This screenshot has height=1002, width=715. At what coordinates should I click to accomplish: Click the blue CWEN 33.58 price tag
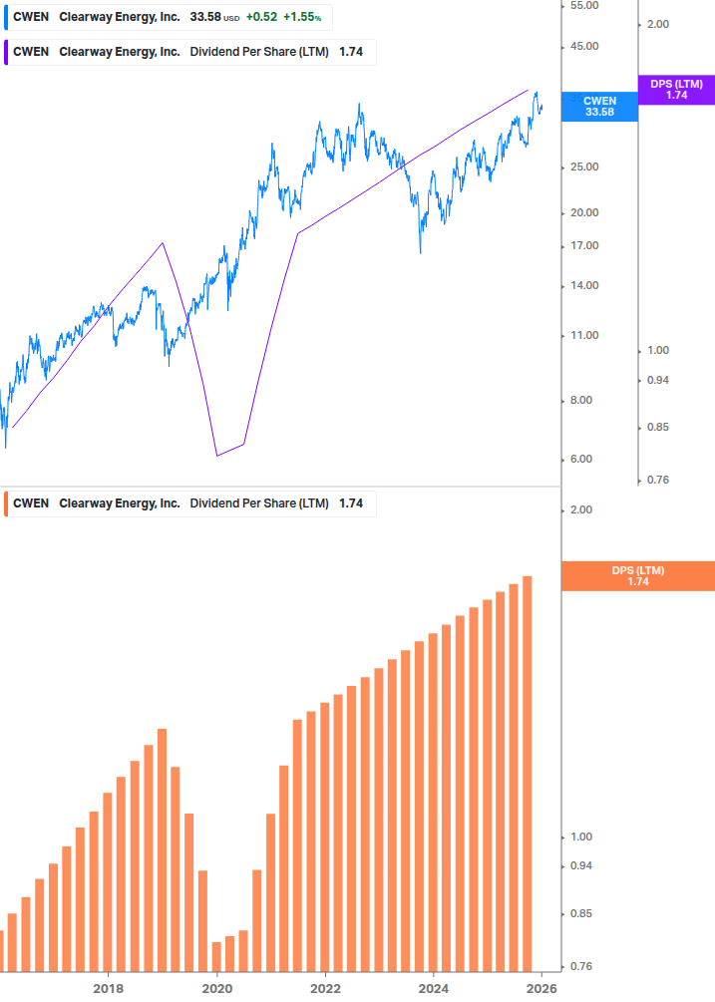click(x=599, y=107)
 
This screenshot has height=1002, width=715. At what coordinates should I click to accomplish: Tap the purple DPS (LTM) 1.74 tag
click(x=676, y=90)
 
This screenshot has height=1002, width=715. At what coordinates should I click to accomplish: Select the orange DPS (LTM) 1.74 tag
click(x=638, y=575)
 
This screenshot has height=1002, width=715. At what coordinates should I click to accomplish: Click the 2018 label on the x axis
click(x=108, y=989)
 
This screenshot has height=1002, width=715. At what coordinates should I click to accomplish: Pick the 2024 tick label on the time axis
click(x=433, y=989)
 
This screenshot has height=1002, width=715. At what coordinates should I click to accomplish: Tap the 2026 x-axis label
click(x=541, y=989)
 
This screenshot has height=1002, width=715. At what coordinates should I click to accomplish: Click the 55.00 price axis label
click(x=582, y=5)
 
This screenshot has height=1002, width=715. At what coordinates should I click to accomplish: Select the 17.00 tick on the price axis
click(x=582, y=246)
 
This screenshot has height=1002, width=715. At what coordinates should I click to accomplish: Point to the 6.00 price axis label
click(x=582, y=460)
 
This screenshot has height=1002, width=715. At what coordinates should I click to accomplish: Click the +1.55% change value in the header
click(x=303, y=17)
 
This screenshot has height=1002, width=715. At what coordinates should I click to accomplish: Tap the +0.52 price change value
click(x=261, y=17)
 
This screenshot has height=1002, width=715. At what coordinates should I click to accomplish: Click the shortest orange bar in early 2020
click(x=216, y=955)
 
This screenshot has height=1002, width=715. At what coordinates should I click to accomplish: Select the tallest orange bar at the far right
click(x=528, y=773)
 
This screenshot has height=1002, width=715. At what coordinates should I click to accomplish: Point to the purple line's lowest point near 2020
click(x=216, y=456)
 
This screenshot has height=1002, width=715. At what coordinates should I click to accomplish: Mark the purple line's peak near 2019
click(x=163, y=242)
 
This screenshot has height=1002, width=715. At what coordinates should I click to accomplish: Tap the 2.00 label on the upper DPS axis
click(x=659, y=24)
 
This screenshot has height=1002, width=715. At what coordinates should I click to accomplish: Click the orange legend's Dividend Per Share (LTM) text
click(x=259, y=503)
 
